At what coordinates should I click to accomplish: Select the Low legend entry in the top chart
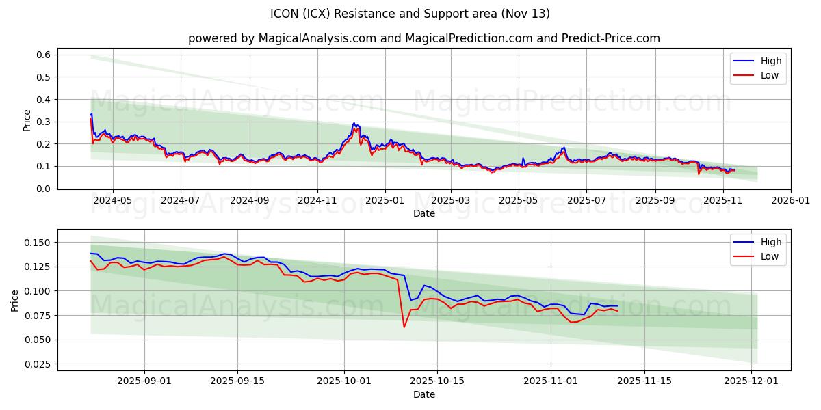click(770, 75)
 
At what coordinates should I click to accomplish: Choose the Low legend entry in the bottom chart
click(770, 256)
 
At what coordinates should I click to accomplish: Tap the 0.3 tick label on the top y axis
click(44, 122)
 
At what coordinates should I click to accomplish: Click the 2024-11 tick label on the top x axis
click(317, 201)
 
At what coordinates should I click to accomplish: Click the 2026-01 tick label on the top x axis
click(790, 201)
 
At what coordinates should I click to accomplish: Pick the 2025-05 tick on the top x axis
click(518, 201)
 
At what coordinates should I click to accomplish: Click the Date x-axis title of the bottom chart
click(424, 395)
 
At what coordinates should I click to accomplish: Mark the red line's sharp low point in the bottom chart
click(404, 327)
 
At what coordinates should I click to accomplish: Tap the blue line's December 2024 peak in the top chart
click(354, 123)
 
